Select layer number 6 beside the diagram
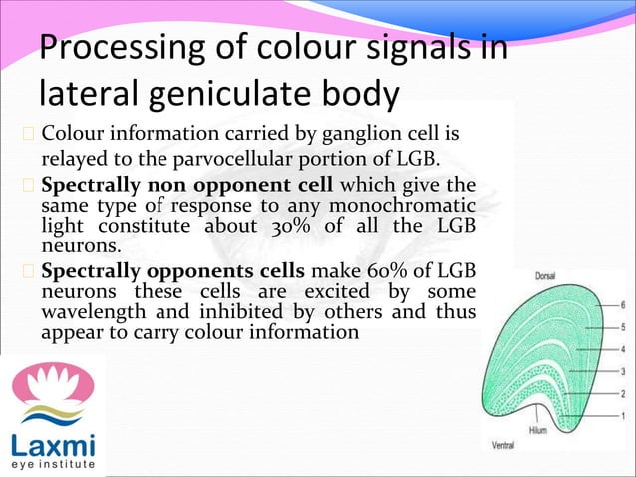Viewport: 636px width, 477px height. tap(623, 305)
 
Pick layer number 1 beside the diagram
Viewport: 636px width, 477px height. tap(623, 415)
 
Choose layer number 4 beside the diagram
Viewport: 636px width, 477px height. tap(623, 349)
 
